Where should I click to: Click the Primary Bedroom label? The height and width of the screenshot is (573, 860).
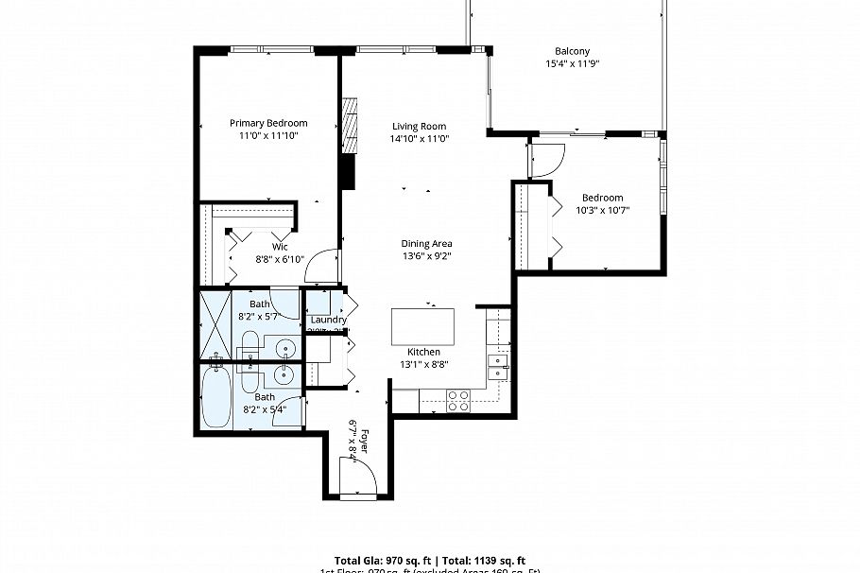(268, 123)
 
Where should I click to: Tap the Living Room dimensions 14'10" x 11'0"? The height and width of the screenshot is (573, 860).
(420, 138)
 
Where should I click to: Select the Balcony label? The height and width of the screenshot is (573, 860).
(573, 51)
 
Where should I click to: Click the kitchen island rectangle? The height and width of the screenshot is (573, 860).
(422, 327)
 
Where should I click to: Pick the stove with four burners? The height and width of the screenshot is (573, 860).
(458, 400)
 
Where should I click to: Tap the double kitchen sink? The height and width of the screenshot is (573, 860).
(497, 366)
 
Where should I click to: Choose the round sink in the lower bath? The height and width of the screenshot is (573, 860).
(285, 374)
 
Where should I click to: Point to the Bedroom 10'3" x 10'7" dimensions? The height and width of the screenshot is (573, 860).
(602, 210)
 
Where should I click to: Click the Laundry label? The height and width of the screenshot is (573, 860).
(328, 320)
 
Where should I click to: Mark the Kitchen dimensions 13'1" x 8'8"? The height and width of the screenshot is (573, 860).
(422, 363)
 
